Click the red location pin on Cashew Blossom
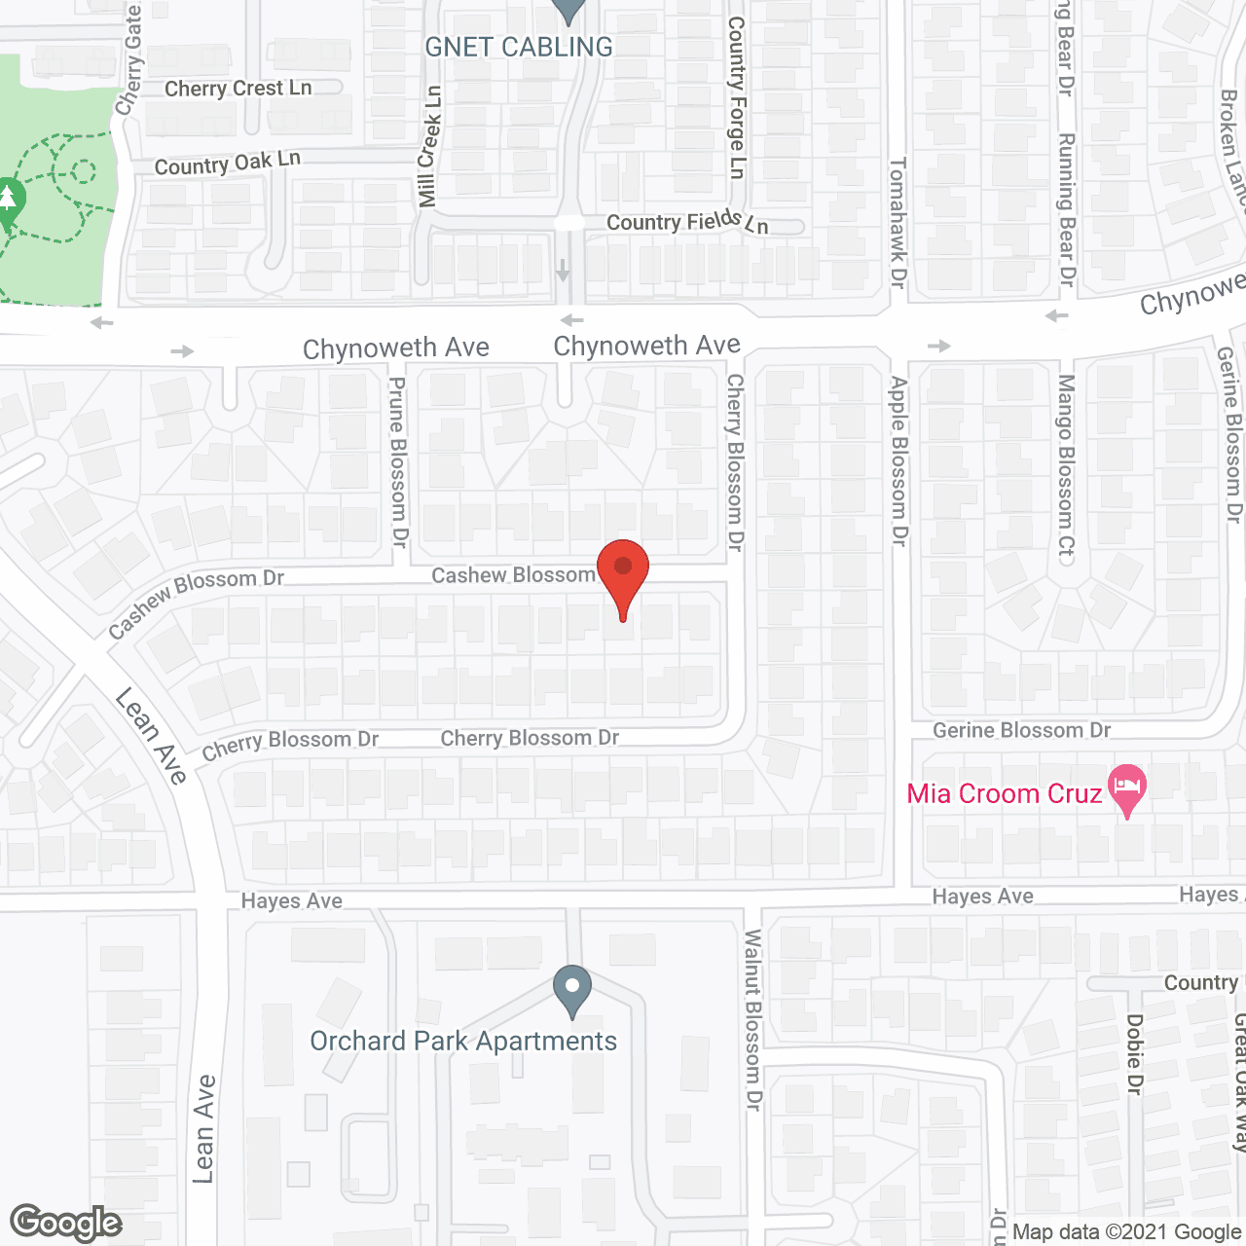pos(623,569)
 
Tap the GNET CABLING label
pos(519,47)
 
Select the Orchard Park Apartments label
pos(463,1041)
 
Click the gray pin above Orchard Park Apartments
pos(572,988)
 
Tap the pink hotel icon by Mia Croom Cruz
pos(1127,787)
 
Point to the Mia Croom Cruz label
pos(1004,794)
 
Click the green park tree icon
pos(10,200)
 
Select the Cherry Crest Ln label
pos(238,89)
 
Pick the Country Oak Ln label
pos(227,164)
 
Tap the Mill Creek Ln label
pos(429,146)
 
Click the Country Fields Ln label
pos(687,223)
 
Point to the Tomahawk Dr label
pos(898,222)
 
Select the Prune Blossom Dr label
pos(397,462)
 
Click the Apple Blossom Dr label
pos(898,461)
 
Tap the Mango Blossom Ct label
pos(1067,468)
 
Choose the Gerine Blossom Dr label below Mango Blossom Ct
pos(1021,730)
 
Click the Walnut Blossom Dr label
pos(753,1020)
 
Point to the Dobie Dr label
pos(1134,1054)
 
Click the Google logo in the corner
pos(66,1223)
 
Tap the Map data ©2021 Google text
pos(1126,1232)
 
